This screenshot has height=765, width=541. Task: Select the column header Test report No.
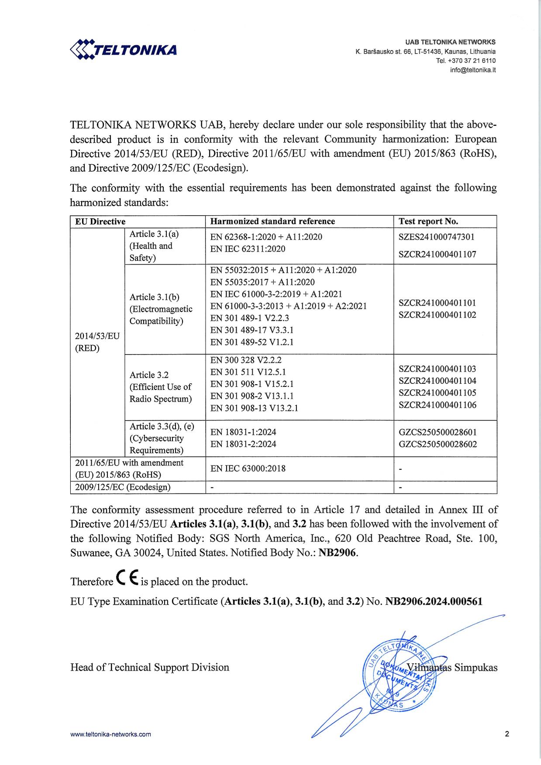[428, 221]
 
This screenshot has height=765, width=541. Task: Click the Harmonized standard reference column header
[272, 221]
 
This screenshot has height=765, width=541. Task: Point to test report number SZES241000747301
[436, 237]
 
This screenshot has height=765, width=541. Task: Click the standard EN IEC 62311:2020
[248, 249]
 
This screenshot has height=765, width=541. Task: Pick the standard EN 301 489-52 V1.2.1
[252, 342]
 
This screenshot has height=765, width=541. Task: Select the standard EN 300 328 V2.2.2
[246, 360]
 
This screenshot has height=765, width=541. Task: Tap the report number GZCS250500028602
[438, 445]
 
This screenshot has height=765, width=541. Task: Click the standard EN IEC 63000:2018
[248, 469]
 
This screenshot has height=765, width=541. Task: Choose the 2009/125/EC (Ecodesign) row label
[123, 487]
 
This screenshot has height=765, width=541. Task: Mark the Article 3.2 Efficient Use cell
[161, 387]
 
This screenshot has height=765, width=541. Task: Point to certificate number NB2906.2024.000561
[434, 602]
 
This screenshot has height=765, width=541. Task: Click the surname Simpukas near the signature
[476, 668]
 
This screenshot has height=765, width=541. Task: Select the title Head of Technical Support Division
[150, 667]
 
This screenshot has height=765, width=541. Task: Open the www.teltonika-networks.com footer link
[110, 734]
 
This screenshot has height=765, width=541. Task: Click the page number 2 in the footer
[507, 734]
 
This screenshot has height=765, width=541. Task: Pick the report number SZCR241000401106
[438, 405]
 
